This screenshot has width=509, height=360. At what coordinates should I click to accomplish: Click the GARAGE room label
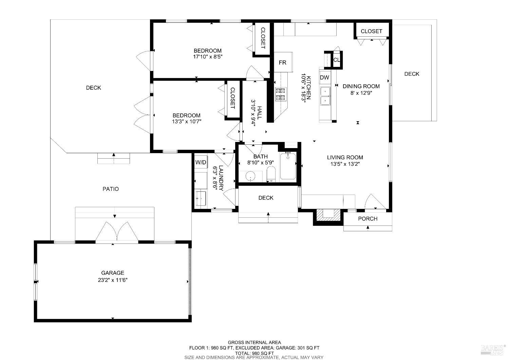click(113, 273)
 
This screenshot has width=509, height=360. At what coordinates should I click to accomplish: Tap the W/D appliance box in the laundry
click(201, 163)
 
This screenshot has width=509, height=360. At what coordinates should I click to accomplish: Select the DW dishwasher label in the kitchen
click(324, 77)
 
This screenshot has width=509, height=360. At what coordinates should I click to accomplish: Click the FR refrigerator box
click(283, 62)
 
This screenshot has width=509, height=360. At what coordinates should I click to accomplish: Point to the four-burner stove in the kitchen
click(281, 94)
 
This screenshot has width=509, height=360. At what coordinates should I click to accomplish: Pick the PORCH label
click(368, 218)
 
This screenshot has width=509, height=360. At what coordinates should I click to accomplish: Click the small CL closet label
click(336, 60)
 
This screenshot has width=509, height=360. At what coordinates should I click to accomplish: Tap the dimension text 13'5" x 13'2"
click(345, 164)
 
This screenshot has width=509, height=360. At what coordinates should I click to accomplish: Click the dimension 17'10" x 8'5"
click(208, 57)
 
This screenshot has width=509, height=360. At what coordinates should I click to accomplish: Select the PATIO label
click(111, 189)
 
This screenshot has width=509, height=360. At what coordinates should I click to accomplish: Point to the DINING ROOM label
click(361, 86)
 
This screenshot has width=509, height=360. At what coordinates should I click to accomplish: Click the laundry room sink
click(201, 198)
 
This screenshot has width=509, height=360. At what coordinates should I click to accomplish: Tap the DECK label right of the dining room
click(412, 74)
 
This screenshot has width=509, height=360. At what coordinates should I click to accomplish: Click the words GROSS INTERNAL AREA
click(254, 342)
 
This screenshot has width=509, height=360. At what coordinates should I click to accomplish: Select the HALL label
click(260, 113)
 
